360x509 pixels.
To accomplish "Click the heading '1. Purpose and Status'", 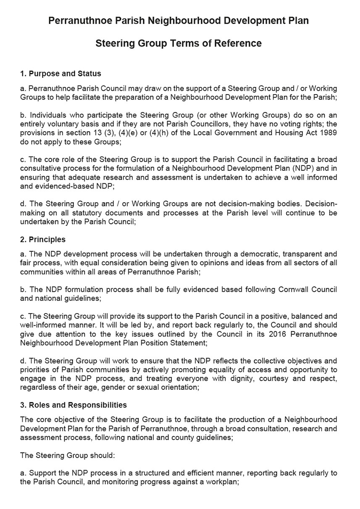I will pos(60,74).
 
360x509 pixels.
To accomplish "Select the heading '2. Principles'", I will pos(43,240).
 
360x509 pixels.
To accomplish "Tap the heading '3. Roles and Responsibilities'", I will pos(74,405).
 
